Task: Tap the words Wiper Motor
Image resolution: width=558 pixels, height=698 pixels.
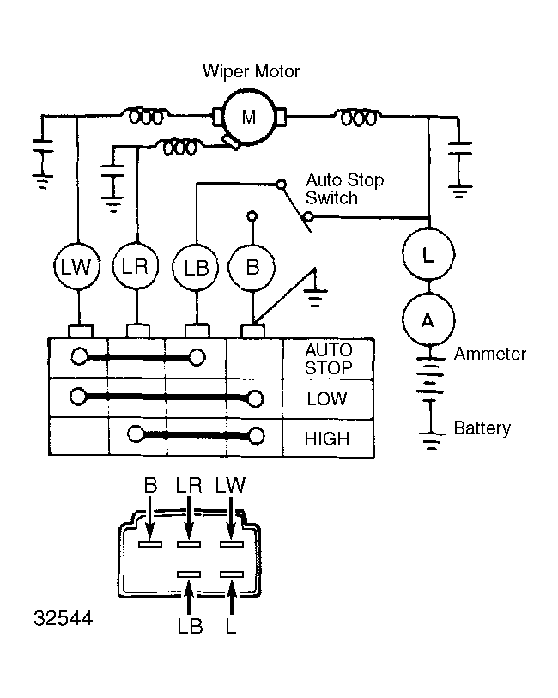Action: [x=252, y=71]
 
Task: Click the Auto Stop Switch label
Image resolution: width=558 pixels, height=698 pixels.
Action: [x=344, y=189]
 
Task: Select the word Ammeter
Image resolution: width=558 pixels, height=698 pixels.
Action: [x=490, y=354]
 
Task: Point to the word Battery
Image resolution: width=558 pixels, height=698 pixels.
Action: [x=482, y=428]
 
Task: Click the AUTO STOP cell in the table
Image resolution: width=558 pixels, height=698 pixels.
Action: [x=329, y=359]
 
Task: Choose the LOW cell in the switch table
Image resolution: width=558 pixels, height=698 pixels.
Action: [x=327, y=399]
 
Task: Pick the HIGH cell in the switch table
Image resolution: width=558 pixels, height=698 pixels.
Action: [x=327, y=439]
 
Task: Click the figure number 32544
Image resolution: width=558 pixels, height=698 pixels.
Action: [x=64, y=618]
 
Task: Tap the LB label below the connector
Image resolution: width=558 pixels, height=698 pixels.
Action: [x=190, y=627]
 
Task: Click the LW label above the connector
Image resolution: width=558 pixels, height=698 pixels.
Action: [x=230, y=485]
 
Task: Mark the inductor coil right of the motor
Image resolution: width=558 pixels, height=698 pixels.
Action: [x=359, y=118]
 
